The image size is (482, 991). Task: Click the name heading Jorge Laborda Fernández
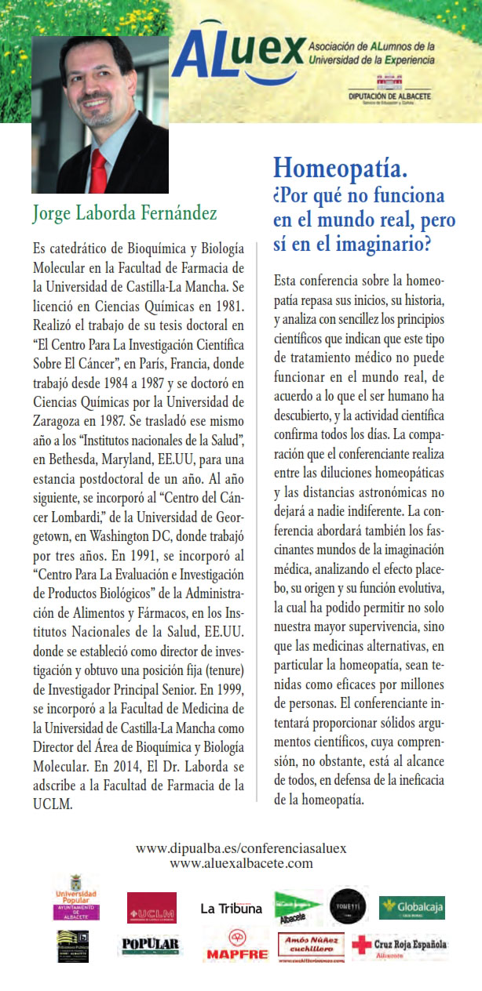125,212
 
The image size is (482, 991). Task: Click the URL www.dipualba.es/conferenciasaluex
241,848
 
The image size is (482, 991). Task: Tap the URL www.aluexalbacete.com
241,863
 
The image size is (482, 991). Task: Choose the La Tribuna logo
231,909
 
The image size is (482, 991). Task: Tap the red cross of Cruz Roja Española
362,945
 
